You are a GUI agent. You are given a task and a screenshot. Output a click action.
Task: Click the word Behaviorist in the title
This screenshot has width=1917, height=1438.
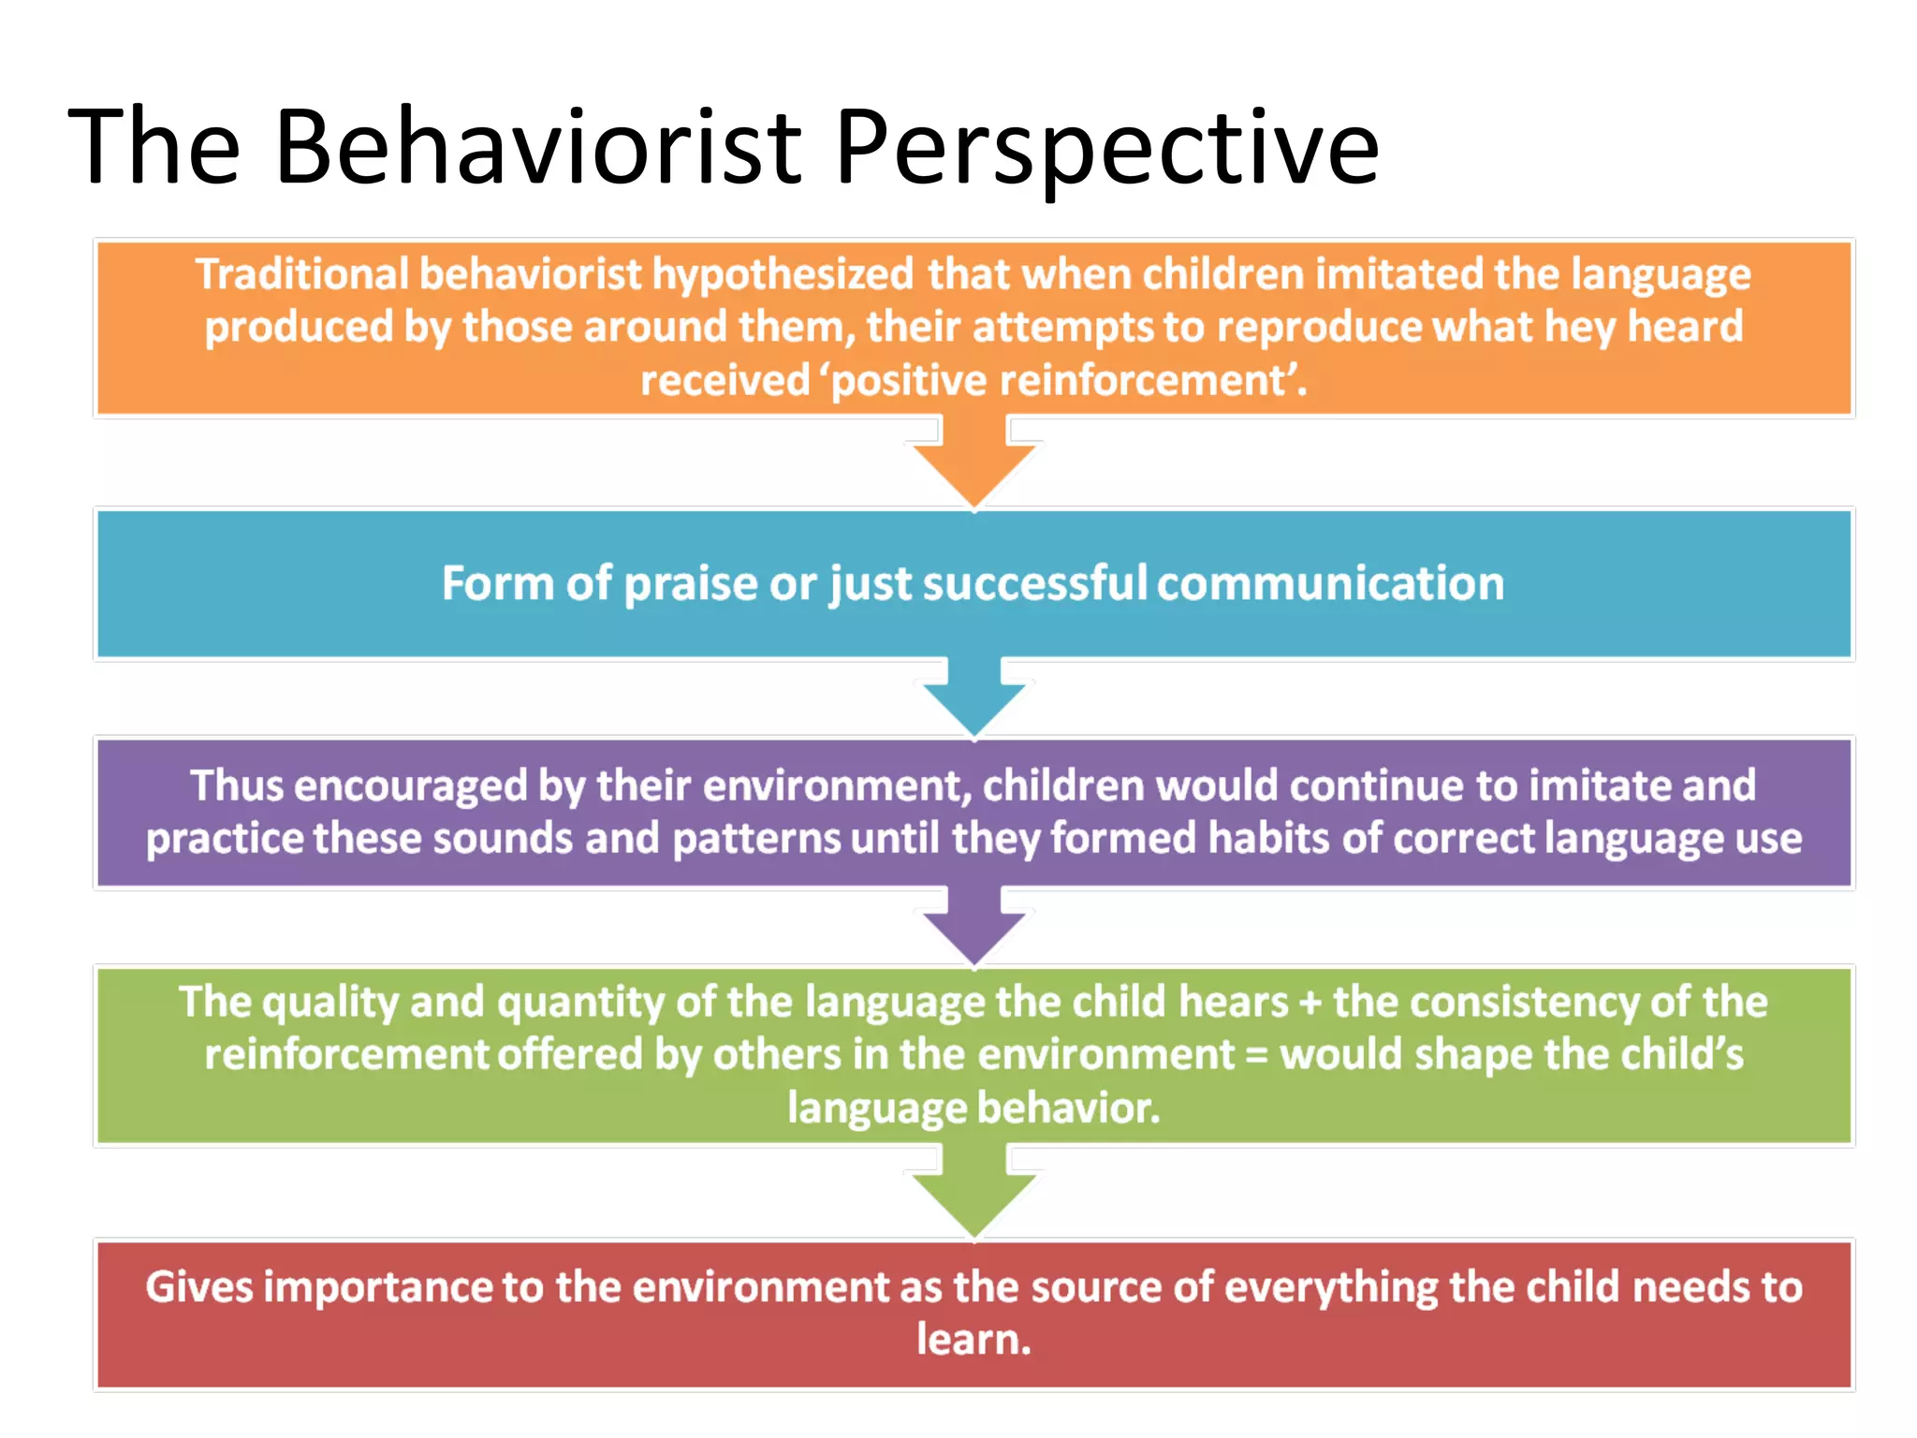point(537,147)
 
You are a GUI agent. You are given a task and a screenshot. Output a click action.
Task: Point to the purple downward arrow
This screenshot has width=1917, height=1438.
point(973,929)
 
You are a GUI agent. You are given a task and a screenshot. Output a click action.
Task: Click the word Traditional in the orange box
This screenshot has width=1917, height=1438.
point(301,274)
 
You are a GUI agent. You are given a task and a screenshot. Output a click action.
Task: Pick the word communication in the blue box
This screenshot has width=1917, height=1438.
point(1330,583)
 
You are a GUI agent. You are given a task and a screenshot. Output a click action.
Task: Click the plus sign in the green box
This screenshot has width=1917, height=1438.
point(1310,1003)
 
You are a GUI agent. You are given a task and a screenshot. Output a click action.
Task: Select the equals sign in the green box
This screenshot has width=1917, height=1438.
point(1256,1055)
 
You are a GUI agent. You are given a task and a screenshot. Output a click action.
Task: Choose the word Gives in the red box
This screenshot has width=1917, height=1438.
point(198,1286)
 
